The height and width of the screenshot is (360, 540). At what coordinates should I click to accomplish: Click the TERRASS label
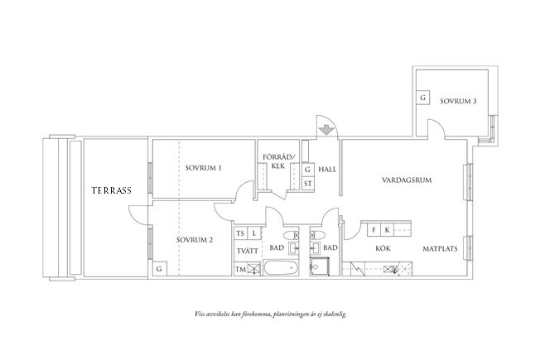point(113,190)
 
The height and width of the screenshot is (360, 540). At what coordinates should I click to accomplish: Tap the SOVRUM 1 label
point(203,169)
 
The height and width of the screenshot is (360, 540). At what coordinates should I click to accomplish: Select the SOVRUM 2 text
point(195,240)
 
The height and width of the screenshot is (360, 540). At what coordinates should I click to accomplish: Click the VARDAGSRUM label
point(408,179)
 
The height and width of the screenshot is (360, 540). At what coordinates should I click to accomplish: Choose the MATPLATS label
point(439,247)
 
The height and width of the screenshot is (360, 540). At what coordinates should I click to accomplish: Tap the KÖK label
point(382,247)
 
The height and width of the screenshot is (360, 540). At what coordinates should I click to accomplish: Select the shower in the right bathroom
point(319,267)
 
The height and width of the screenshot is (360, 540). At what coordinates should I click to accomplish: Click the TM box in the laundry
point(241,269)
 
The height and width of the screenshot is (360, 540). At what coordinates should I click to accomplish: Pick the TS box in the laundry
point(241,234)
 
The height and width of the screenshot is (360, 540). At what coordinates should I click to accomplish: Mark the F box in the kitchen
point(374,229)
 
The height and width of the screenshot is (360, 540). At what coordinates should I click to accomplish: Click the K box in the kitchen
point(387,229)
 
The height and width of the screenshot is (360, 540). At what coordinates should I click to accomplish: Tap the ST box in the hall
point(307,184)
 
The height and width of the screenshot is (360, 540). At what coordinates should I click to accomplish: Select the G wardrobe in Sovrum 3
point(423,98)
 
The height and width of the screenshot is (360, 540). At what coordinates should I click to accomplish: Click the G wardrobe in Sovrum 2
point(158,270)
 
